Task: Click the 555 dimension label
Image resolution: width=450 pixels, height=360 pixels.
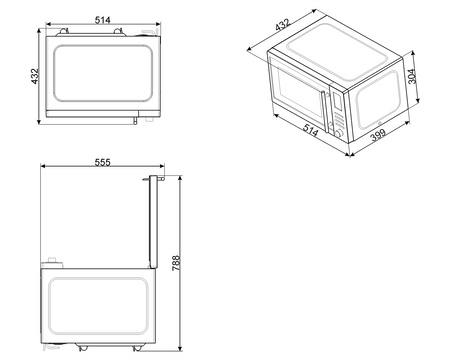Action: (x=102, y=162)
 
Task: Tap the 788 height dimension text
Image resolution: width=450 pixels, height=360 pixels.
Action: (x=176, y=263)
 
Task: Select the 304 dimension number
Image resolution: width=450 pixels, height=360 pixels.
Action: (x=412, y=76)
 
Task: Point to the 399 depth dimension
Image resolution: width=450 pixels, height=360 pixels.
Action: (x=378, y=135)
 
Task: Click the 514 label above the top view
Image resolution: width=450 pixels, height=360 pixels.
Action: (x=102, y=20)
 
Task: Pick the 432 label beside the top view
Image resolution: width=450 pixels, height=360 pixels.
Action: (x=35, y=76)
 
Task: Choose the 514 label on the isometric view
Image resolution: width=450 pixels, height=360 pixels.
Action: (x=311, y=130)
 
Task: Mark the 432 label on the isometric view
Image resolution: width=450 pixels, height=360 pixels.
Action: (x=283, y=25)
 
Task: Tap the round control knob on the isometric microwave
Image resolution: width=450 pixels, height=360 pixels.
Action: (x=339, y=134)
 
